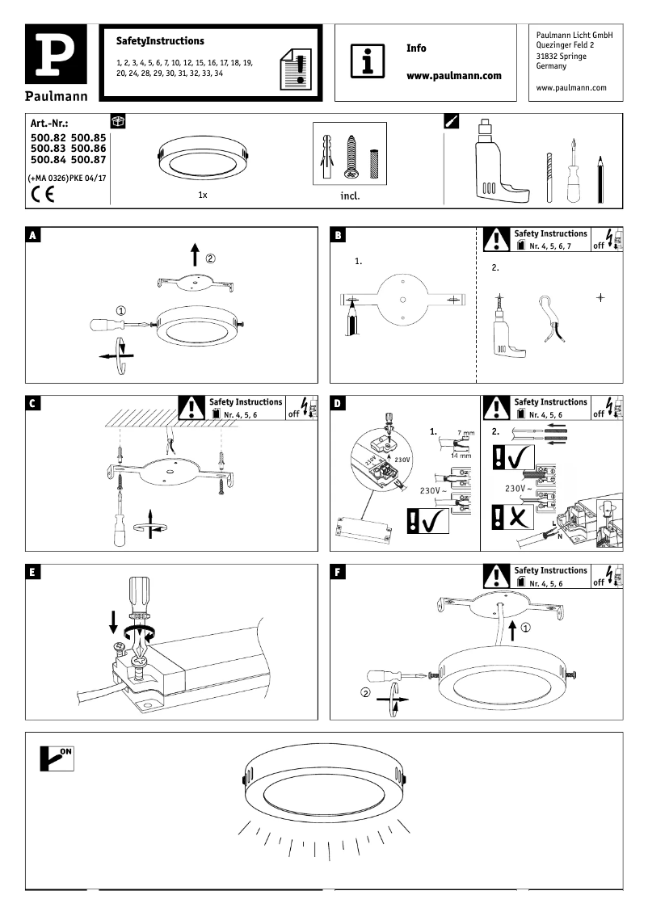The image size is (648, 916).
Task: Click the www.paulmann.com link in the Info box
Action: (x=453, y=76)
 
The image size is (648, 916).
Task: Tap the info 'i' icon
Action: (x=368, y=61)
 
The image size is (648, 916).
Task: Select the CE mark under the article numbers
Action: (x=42, y=195)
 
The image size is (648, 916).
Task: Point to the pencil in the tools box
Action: (x=600, y=179)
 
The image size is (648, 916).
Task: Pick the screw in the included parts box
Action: (x=351, y=156)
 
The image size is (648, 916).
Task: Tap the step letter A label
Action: (x=32, y=235)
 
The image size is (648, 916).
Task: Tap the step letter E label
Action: (x=32, y=572)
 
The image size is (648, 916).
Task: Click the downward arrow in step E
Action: (x=113, y=620)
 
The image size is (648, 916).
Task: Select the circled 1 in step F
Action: (x=527, y=628)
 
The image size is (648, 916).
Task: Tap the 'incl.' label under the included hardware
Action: (x=350, y=195)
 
